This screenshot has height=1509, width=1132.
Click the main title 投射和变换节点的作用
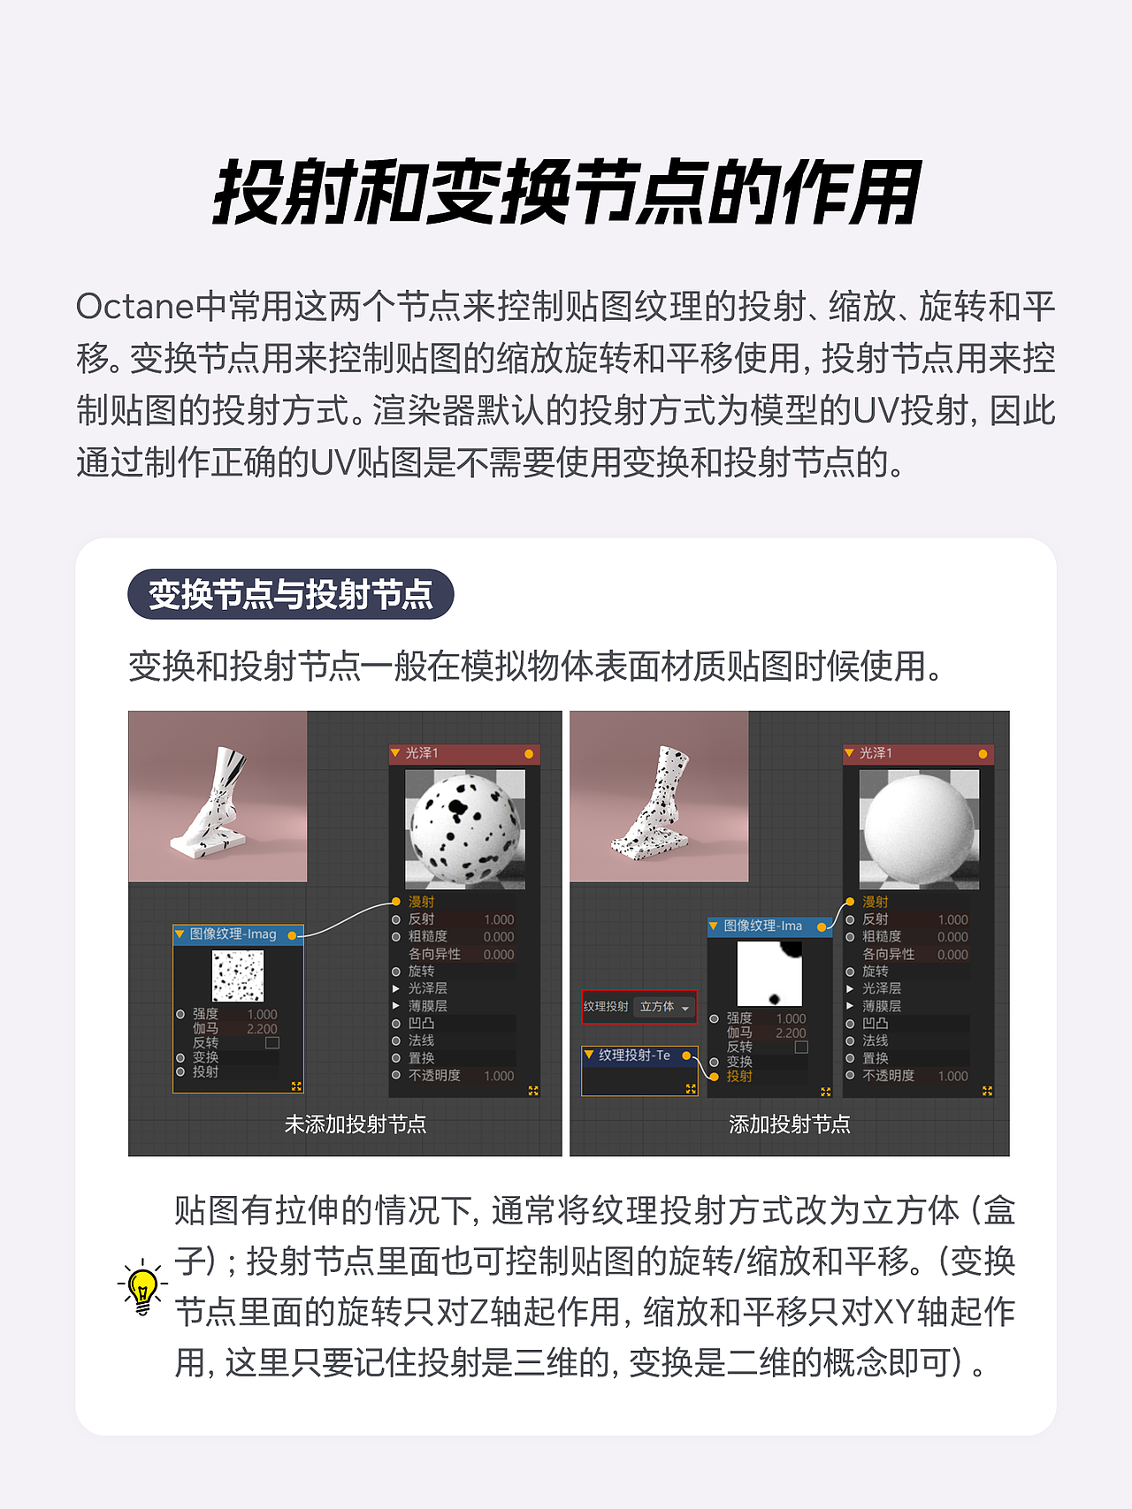566,193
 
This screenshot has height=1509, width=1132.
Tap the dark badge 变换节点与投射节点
291,594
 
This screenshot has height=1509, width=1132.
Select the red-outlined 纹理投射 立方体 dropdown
639,1007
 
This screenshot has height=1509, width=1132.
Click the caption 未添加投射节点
356,1124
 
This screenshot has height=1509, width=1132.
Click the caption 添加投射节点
790,1124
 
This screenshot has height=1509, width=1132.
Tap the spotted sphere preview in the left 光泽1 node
465,829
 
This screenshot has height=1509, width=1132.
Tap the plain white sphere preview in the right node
919,829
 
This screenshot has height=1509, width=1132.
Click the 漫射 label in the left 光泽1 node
422,902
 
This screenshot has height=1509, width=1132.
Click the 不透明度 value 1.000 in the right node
952,1076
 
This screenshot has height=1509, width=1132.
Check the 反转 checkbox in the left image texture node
272,1043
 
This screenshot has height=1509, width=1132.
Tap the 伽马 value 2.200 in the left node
262,1029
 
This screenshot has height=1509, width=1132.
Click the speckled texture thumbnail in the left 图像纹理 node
238,976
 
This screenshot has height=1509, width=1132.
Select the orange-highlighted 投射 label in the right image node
739,1076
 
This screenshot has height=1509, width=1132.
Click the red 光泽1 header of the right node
918,753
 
